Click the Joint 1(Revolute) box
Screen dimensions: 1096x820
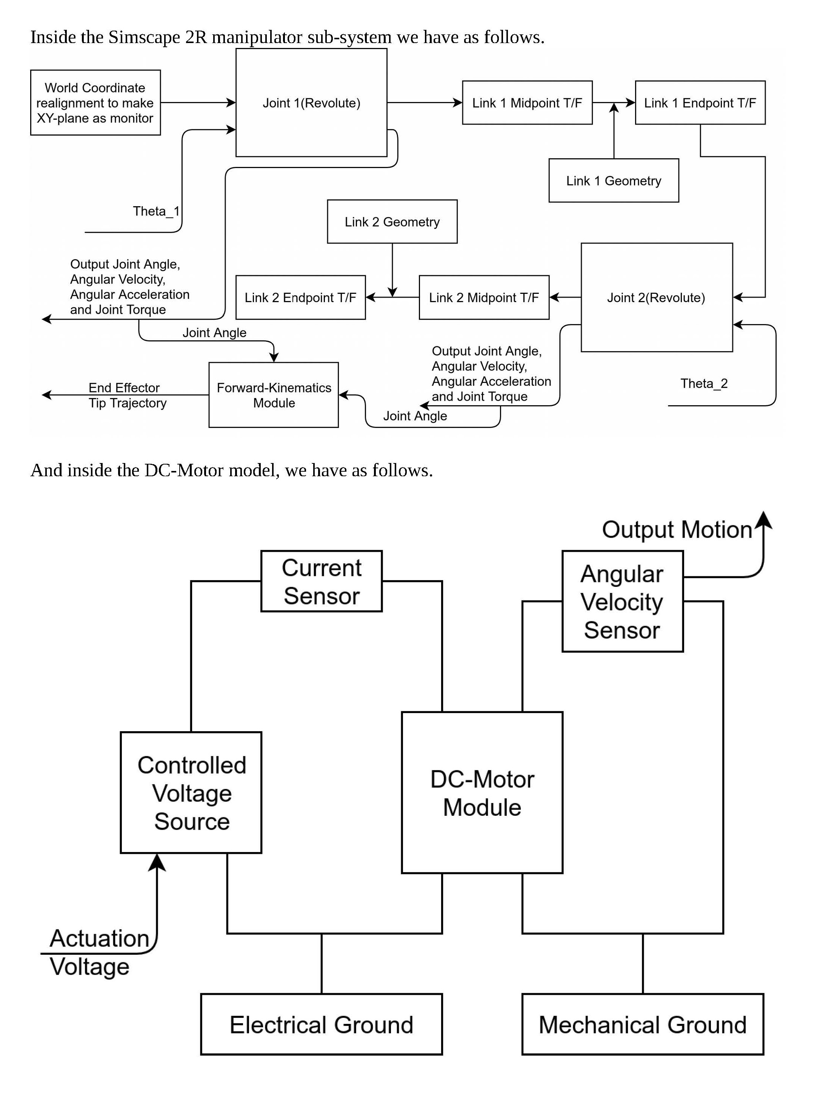pos(311,103)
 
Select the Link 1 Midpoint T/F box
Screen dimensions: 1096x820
pos(527,103)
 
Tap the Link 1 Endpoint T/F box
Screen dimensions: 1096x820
pos(700,103)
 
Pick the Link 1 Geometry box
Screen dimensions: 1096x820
pos(614,181)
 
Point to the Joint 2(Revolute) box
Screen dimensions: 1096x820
pos(656,297)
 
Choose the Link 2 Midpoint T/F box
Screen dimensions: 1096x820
pos(484,297)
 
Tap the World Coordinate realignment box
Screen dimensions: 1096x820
pos(95,103)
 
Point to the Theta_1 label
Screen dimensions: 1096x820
pos(156,211)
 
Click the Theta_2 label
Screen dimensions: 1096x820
pos(704,383)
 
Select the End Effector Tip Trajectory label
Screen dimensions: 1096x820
pos(127,395)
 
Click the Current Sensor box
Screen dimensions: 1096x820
pos(322,581)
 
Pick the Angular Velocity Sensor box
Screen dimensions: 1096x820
pos(622,602)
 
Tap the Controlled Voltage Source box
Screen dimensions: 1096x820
pos(191,793)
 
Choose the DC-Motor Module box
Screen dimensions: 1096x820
pos(482,793)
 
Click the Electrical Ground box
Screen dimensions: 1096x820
pos(322,1025)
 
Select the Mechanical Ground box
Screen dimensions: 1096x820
pos(642,1025)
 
